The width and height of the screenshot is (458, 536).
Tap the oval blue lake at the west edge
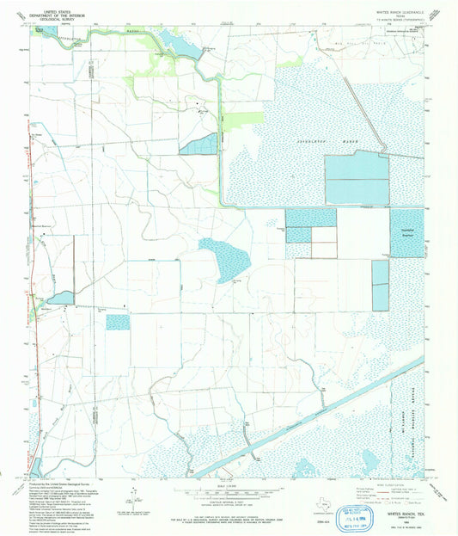pyautogui.click(x=60, y=298)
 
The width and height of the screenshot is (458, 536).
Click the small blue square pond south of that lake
pyautogui.click(x=118, y=322)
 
